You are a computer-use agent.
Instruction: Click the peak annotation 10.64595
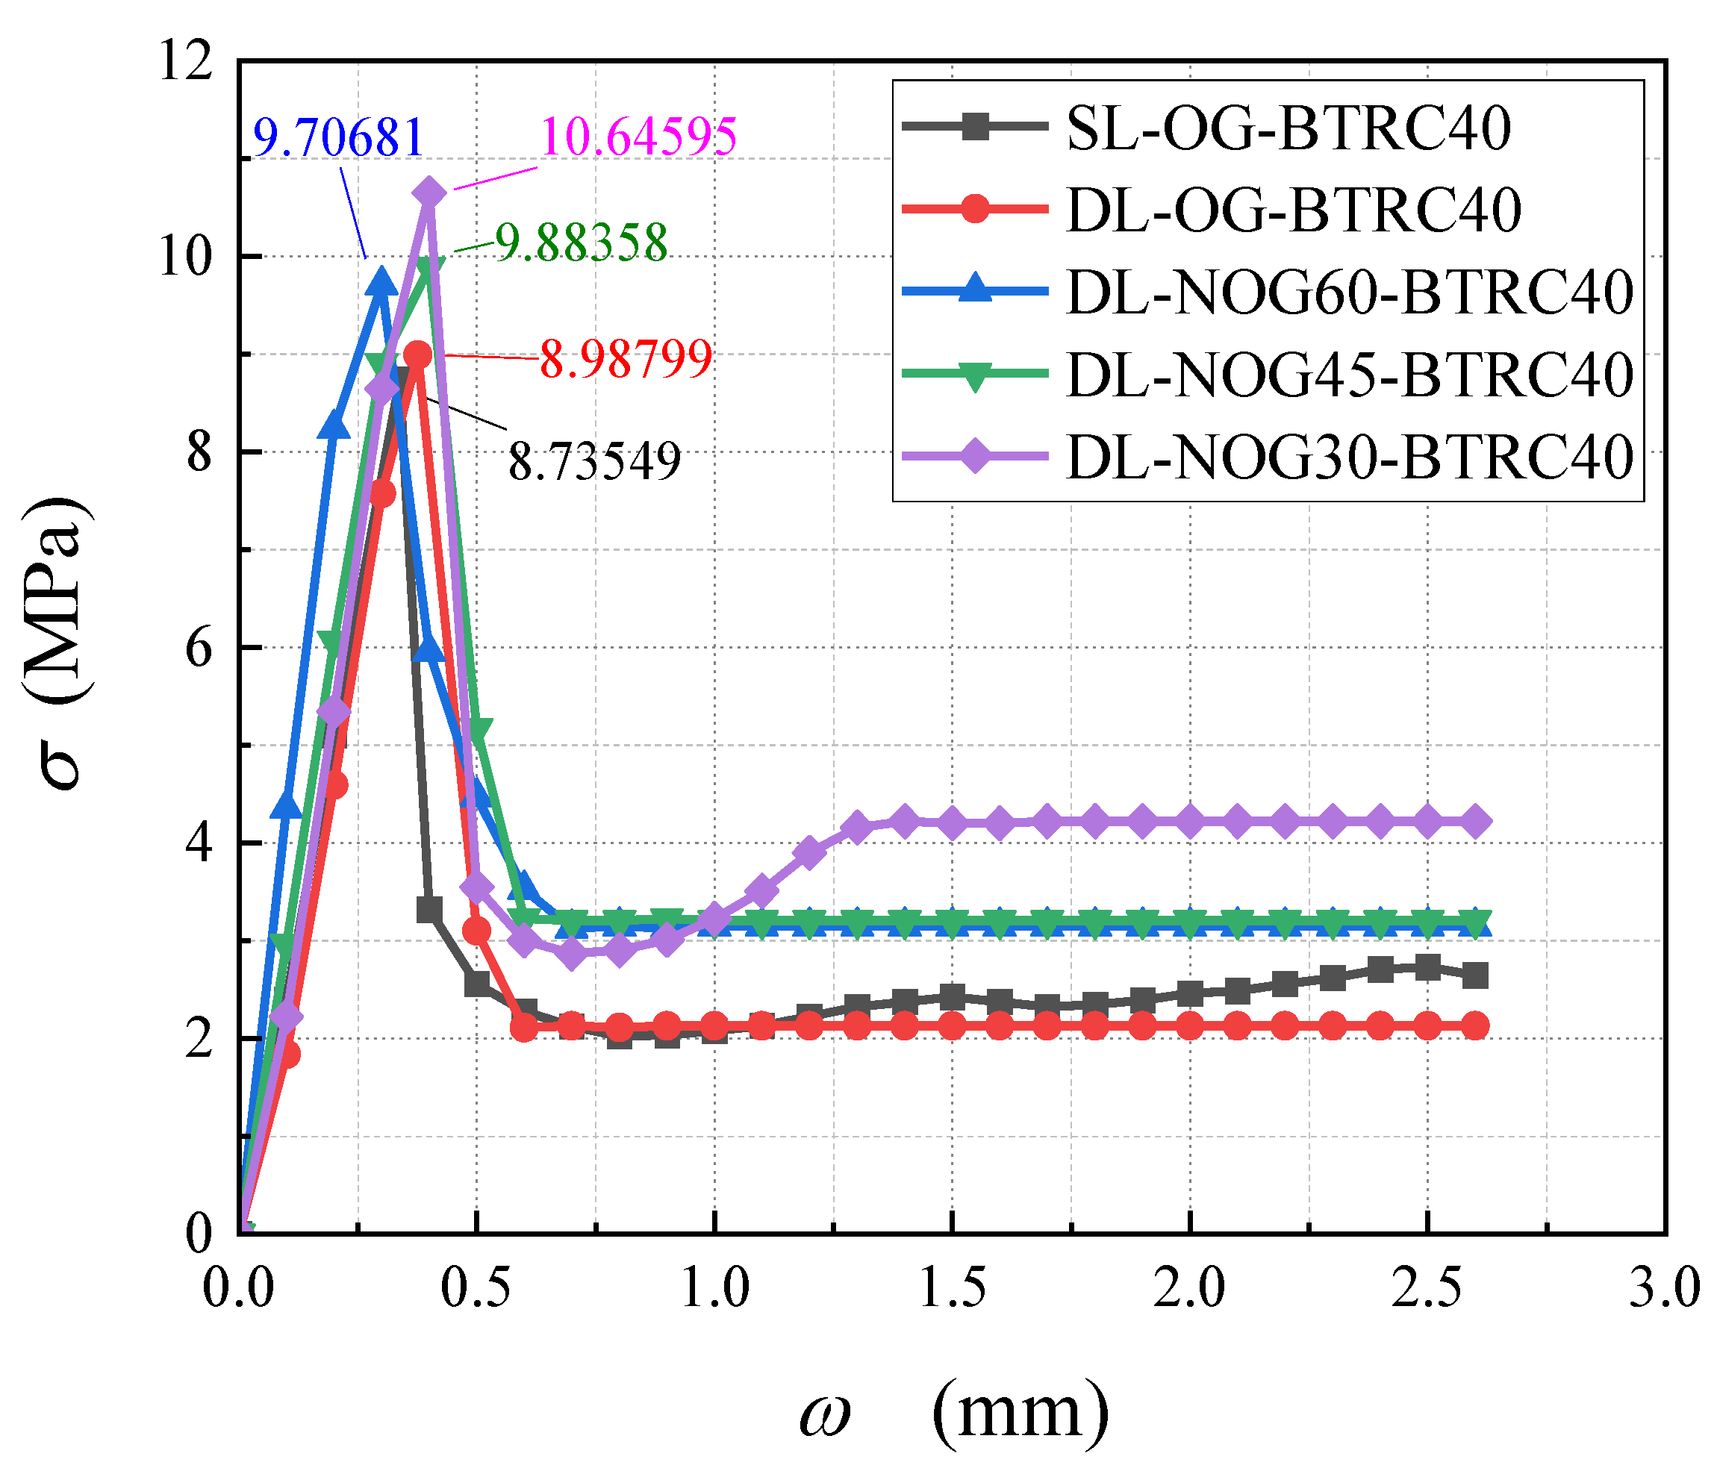pyautogui.click(x=639, y=136)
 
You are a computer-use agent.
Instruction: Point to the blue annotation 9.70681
pyautogui.click(x=338, y=137)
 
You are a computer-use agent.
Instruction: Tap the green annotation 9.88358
pyautogui.click(x=582, y=243)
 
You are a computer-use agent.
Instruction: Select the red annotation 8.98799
pyautogui.click(x=626, y=359)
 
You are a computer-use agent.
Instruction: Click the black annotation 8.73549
pyautogui.click(x=594, y=461)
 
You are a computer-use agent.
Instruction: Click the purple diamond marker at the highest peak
pyautogui.click(x=429, y=193)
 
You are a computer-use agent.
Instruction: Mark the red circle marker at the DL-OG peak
pyautogui.click(x=420, y=355)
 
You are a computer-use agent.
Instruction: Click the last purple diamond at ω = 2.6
pyautogui.click(x=1475, y=822)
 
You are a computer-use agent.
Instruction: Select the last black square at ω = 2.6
pyautogui.click(x=1475, y=975)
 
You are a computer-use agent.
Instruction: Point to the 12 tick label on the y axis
pyautogui.click(x=186, y=61)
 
